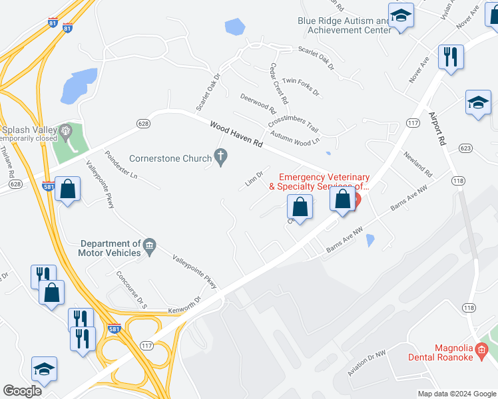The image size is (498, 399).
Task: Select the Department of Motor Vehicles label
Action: (x=109, y=248)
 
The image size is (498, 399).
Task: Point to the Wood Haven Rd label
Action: (x=236, y=134)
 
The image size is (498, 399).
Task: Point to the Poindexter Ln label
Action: (x=121, y=165)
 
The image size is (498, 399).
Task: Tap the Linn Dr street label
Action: (x=254, y=179)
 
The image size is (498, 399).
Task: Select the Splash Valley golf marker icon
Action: (x=65, y=130)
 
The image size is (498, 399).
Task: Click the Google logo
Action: (x=23, y=391)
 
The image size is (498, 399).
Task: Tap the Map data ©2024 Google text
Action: (x=456, y=394)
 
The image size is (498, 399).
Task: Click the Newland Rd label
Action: (x=417, y=164)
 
